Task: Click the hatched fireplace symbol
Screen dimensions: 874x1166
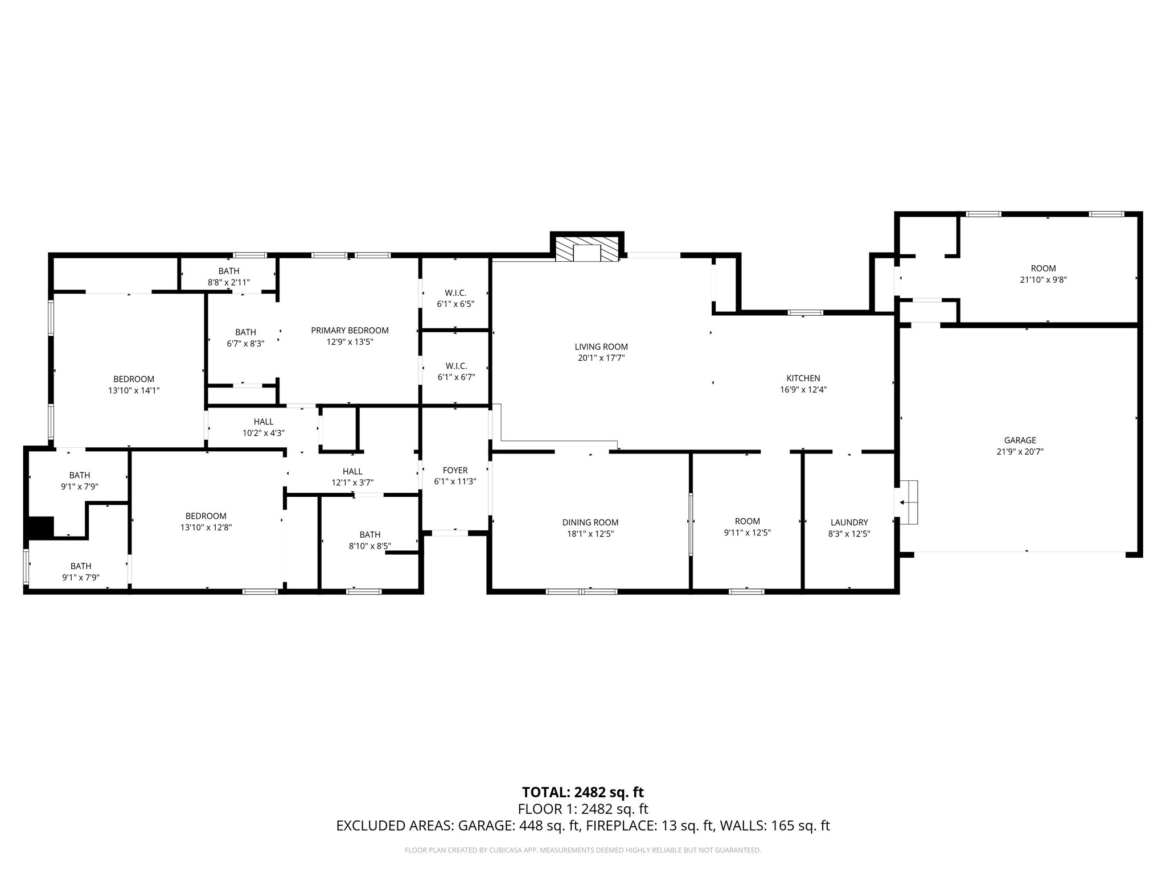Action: pos(587,249)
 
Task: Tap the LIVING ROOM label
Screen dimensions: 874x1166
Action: pos(601,347)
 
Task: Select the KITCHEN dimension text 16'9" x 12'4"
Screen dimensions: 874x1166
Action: pos(803,390)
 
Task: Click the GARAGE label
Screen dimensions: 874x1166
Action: pos(1020,440)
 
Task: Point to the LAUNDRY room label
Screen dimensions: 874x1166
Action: pos(849,522)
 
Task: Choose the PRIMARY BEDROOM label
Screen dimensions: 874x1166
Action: pos(350,330)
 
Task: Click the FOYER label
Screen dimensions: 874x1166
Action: pos(455,470)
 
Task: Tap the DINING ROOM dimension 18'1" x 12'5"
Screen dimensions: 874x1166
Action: pos(590,534)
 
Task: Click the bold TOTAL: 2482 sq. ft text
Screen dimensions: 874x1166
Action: pos(582,792)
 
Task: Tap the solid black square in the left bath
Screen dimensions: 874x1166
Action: pos(40,526)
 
